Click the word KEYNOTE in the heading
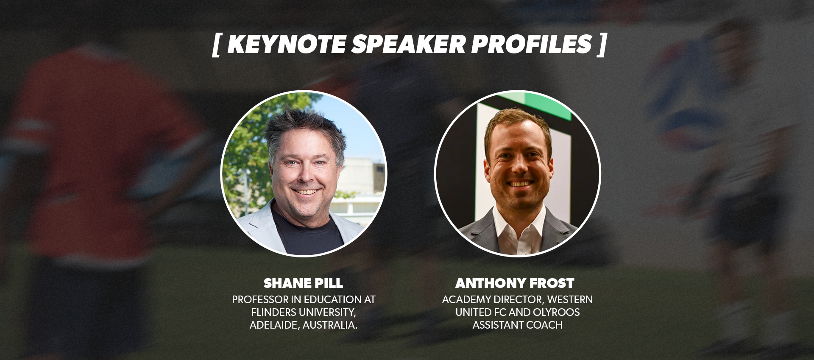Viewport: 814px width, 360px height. point(287,44)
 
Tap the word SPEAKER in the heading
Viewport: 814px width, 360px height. point(409,44)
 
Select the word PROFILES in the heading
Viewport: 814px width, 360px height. point(532,44)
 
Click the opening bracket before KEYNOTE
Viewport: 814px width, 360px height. point(216,45)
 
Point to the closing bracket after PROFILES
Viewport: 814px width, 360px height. point(602,45)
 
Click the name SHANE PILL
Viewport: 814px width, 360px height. point(303,283)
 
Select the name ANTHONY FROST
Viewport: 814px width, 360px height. point(515,283)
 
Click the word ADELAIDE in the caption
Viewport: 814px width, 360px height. point(274,325)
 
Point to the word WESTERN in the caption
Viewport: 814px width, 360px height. point(570,300)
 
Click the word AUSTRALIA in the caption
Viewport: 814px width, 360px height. point(330,325)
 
